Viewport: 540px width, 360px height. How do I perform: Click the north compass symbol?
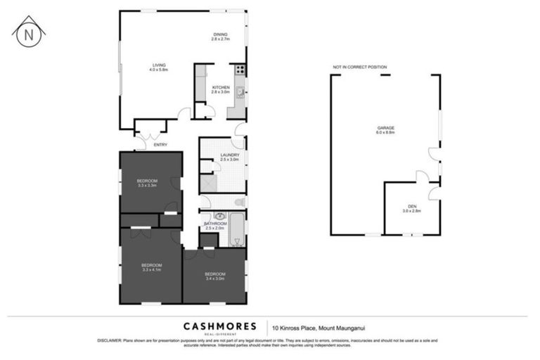29,32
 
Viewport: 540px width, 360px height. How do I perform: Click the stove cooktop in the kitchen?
240,69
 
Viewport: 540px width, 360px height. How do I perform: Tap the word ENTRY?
161,145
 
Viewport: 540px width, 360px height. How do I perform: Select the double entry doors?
150,135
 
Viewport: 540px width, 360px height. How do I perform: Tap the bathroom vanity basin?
219,217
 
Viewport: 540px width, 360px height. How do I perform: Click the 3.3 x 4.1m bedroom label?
152,266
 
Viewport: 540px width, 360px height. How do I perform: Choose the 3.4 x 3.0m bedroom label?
214,276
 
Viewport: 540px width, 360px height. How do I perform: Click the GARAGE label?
386,129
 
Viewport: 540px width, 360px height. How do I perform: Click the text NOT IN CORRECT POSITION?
360,67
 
